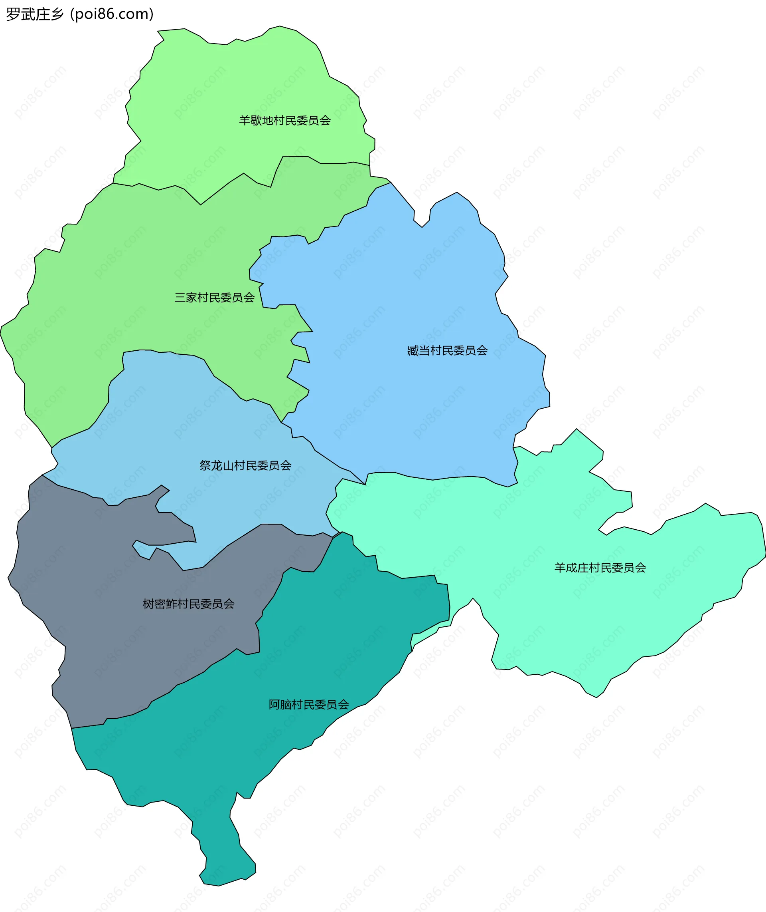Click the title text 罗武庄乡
[x=35, y=14]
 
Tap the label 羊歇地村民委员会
[x=285, y=120]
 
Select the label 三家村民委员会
[x=215, y=297]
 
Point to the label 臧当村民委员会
[x=447, y=350]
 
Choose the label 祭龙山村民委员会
[x=245, y=465]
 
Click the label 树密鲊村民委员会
[x=189, y=604]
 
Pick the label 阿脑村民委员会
[x=309, y=705]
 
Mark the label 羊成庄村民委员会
[x=600, y=568]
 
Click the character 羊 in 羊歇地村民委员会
[x=245, y=120]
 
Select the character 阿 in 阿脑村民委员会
[x=274, y=705]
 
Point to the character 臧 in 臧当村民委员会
[x=413, y=350]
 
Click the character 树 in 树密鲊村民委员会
[x=148, y=604]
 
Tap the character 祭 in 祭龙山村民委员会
[x=205, y=465]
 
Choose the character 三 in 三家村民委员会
[x=180, y=297]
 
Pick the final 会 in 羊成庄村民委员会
[x=640, y=568]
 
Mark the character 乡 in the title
[x=57, y=14]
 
